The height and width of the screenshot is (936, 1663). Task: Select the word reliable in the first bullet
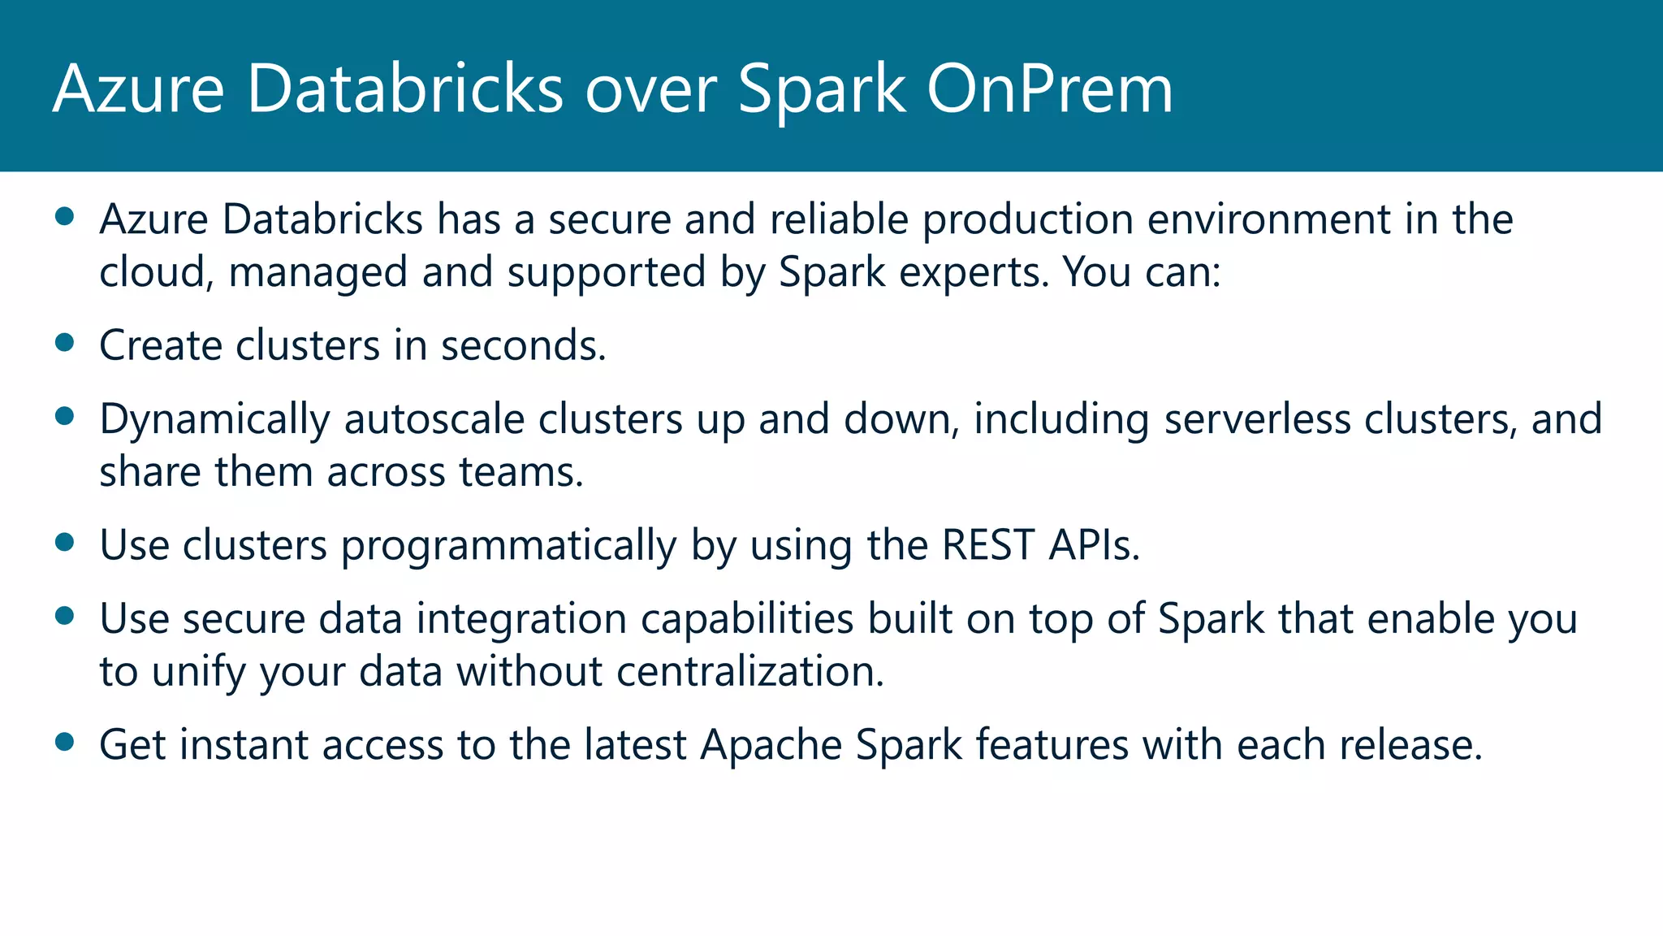tap(839, 219)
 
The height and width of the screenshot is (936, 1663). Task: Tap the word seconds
tap(523, 345)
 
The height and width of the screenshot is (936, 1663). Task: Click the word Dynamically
tap(214, 420)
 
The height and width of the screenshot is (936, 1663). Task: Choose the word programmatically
tap(508, 546)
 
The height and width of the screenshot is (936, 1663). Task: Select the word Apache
tap(771, 745)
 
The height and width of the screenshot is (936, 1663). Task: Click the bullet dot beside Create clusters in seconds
tap(65, 342)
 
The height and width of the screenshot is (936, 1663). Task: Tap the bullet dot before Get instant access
tap(65, 741)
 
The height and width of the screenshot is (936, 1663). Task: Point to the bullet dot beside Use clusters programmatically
tap(65, 541)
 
